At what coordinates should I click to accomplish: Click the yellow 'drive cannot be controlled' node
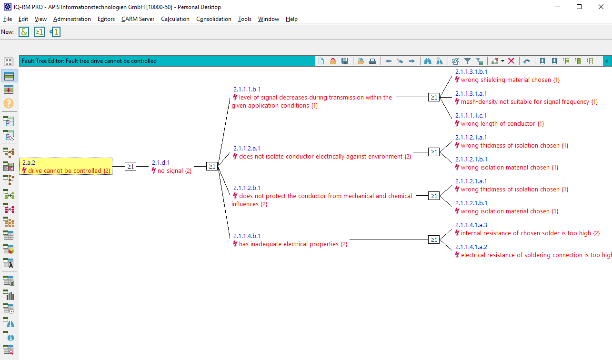[x=66, y=167]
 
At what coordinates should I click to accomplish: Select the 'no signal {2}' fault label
[x=174, y=171]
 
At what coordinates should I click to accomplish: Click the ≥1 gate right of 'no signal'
[x=212, y=166]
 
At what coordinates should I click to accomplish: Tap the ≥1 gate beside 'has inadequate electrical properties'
[x=433, y=240]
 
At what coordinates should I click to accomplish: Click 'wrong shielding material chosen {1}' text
[x=510, y=80]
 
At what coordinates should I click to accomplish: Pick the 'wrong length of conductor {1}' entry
[x=502, y=124]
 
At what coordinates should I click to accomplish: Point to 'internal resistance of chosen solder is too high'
[x=530, y=233]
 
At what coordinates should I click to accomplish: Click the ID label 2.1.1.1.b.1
[x=247, y=89]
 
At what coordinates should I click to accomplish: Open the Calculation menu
[x=175, y=19]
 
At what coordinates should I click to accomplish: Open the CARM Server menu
[x=138, y=19]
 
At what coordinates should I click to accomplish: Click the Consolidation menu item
[x=214, y=19]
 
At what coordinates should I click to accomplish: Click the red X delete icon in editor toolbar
[x=511, y=61]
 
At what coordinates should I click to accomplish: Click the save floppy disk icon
[x=345, y=61]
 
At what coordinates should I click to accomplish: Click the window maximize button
[x=579, y=7]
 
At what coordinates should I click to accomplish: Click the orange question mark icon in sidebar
[x=9, y=103]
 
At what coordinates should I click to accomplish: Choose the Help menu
[x=291, y=19]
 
